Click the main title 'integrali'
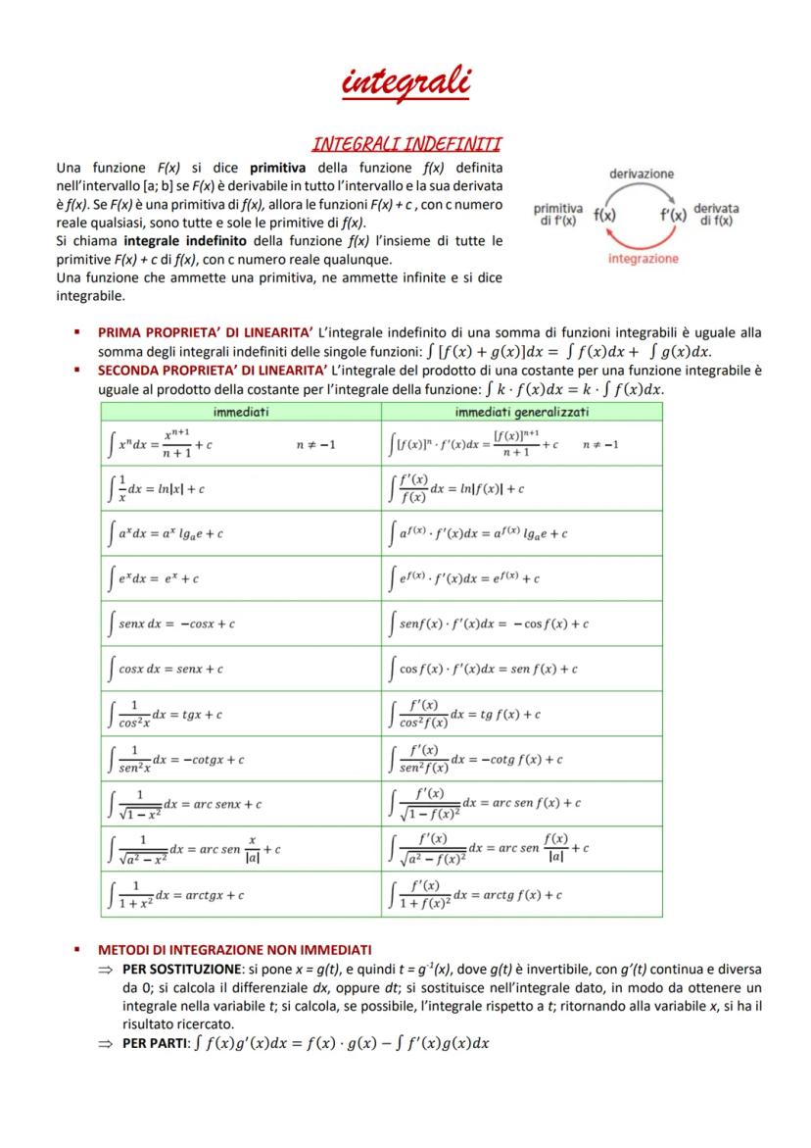click(x=405, y=81)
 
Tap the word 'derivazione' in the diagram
click(x=642, y=174)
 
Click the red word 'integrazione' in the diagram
click(x=643, y=259)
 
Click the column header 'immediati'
click(x=241, y=413)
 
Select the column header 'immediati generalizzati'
click(x=521, y=413)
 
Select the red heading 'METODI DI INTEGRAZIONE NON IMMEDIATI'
click(x=234, y=950)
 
